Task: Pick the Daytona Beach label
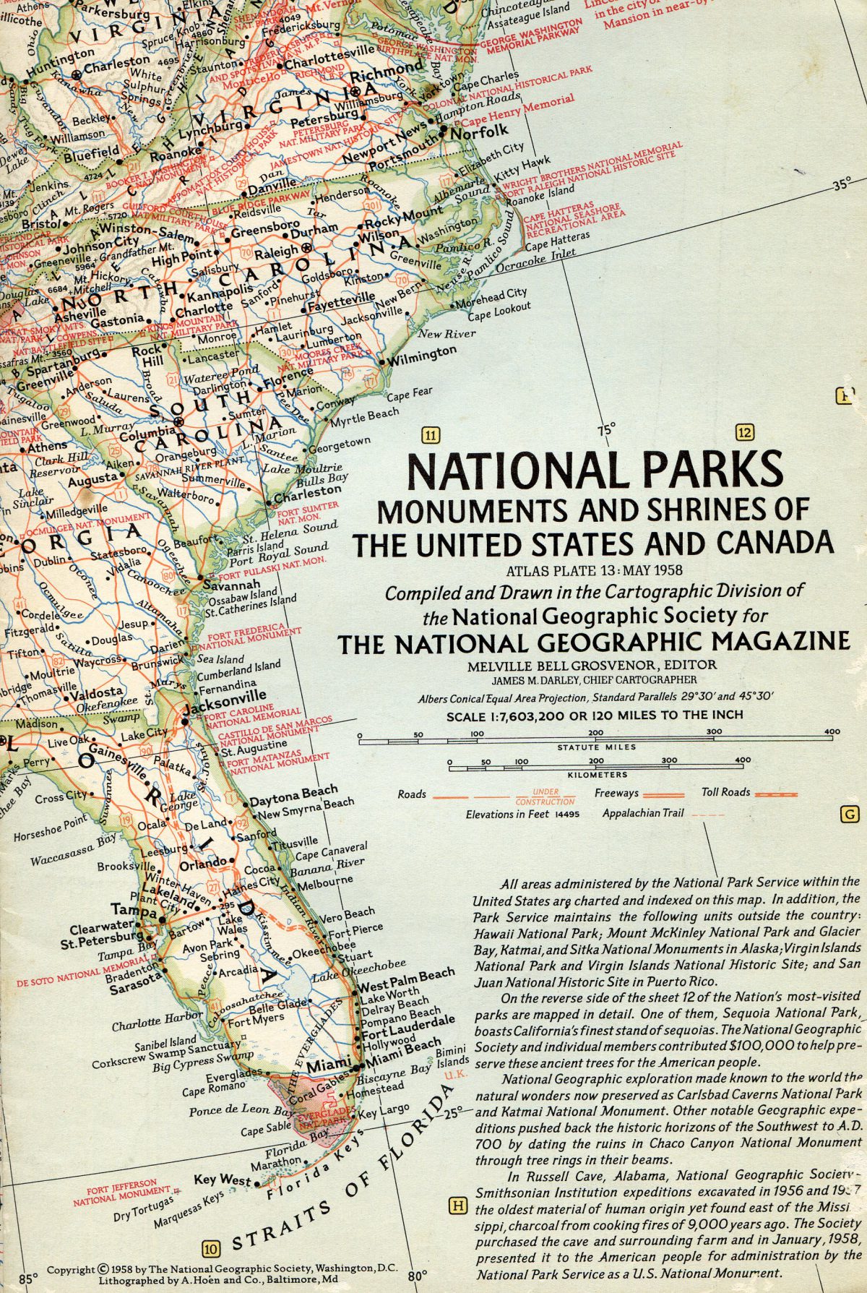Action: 293,795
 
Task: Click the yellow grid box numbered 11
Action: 431,435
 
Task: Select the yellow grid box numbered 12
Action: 745,433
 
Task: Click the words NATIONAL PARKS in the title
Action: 594,470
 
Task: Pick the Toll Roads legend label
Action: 726,792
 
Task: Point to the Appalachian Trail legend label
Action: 643,813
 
